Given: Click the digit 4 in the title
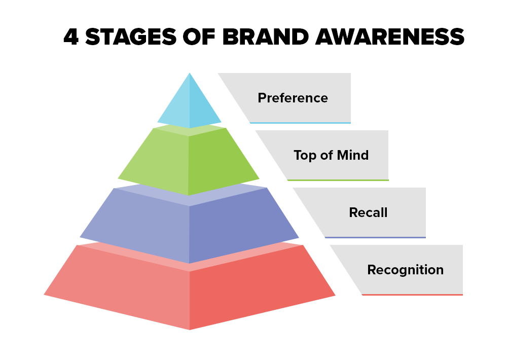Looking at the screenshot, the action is click(71, 37).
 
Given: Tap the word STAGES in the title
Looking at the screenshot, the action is click(131, 37).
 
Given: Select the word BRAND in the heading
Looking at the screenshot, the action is click(266, 37).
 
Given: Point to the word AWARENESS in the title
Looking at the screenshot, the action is click(390, 37).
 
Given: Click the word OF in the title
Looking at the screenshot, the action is click(199, 37).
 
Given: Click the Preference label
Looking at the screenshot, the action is click(293, 98).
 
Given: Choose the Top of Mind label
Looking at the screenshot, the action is click(331, 155).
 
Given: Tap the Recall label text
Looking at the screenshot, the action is click(368, 212).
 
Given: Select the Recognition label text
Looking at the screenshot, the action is click(406, 270).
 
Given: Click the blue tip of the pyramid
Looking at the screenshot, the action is click(190, 103).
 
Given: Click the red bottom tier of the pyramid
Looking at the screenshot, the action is click(190, 288).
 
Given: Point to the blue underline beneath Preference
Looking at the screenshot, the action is click(300, 123).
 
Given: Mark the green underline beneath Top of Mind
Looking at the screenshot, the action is click(338, 180).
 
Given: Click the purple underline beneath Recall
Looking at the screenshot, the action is click(375, 237).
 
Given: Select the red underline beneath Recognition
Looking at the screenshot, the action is click(412, 295).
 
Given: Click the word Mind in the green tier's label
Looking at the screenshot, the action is click(353, 155).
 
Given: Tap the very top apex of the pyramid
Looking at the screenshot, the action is click(190, 73).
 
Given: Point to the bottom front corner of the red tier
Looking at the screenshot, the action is click(190, 330).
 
